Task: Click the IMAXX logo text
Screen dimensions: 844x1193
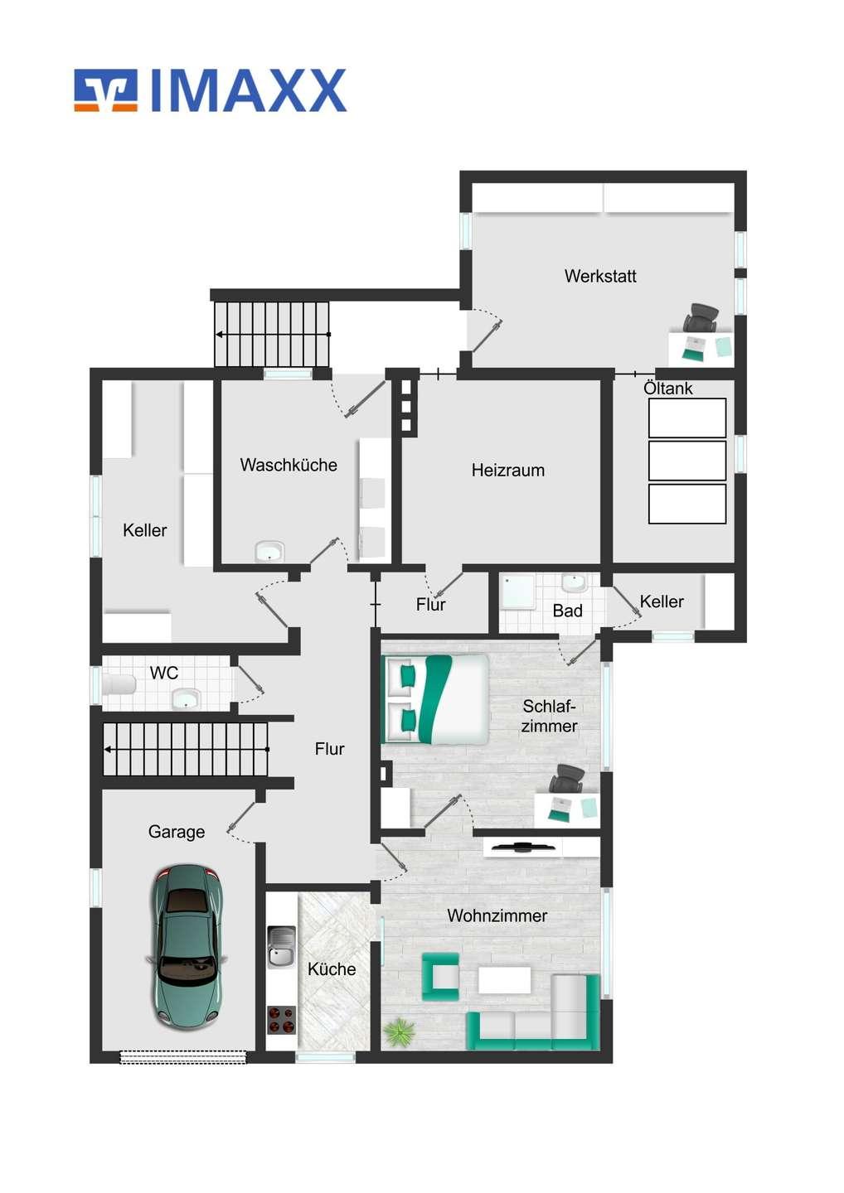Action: pos(249,90)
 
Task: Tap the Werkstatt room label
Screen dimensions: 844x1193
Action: pos(600,276)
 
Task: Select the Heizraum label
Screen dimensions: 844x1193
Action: pos(507,471)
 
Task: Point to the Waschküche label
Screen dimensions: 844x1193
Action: pos(289,465)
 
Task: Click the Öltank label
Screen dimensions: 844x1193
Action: pos(667,388)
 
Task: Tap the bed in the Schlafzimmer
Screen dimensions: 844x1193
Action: pos(436,698)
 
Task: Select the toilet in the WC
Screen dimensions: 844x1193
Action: pos(119,684)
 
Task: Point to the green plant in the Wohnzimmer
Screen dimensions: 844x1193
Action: pos(399,1031)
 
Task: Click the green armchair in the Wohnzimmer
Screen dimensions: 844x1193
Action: pos(440,977)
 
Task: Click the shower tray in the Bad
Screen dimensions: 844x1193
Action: pos(517,592)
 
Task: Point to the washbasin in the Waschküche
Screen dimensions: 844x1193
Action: pos(269,551)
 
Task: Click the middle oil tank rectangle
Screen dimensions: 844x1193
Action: pos(686,460)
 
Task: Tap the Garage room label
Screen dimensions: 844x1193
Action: pos(177,832)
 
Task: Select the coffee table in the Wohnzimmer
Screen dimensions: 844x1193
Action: pos(505,981)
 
